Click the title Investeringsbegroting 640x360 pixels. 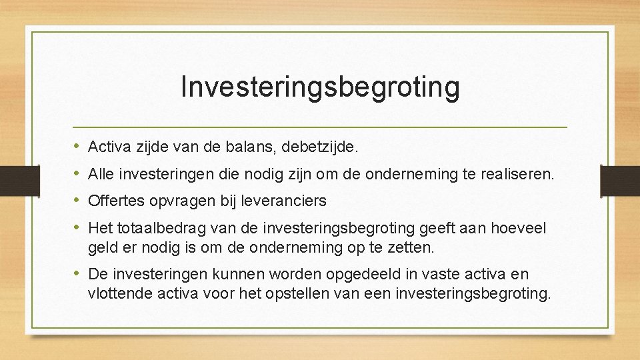320,87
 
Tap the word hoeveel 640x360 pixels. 519,229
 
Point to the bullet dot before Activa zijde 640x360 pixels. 78,145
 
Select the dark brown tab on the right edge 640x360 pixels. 620,179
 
